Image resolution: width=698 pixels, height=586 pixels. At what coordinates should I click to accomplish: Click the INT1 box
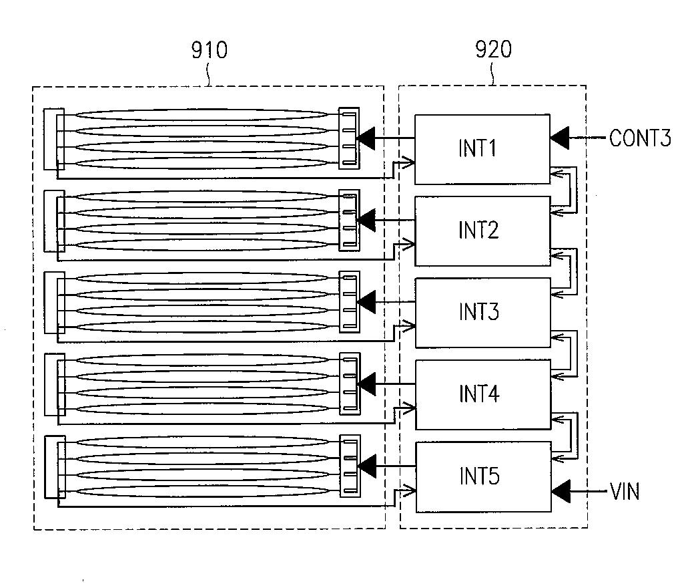(482, 149)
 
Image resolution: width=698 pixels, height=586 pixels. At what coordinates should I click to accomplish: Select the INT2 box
(482, 231)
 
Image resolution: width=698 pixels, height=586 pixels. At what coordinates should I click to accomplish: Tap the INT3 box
(483, 313)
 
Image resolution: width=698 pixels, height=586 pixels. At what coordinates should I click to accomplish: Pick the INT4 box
(483, 394)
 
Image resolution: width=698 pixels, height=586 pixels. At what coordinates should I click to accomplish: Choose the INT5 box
(484, 477)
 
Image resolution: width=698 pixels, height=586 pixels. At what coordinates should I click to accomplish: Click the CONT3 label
(640, 138)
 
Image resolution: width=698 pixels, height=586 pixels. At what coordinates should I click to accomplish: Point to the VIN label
(625, 492)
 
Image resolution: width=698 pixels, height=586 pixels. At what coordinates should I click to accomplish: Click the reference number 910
(210, 50)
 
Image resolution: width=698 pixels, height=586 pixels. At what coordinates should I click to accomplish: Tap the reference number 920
(493, 49)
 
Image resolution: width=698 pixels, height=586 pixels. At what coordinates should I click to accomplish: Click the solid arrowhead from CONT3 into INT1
(560, 138)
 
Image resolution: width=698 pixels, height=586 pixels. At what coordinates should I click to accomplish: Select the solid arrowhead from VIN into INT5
(561, 492)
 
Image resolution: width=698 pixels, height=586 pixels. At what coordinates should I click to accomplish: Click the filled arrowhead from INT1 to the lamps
(366, 138)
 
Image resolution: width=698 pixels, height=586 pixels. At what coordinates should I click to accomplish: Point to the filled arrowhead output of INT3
(366, 302)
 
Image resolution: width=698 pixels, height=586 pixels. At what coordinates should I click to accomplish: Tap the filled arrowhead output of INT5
(366, 466)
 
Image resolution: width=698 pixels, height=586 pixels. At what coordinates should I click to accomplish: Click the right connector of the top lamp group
(349, 138)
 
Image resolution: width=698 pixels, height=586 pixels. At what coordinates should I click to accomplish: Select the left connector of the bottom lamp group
(55, 466)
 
